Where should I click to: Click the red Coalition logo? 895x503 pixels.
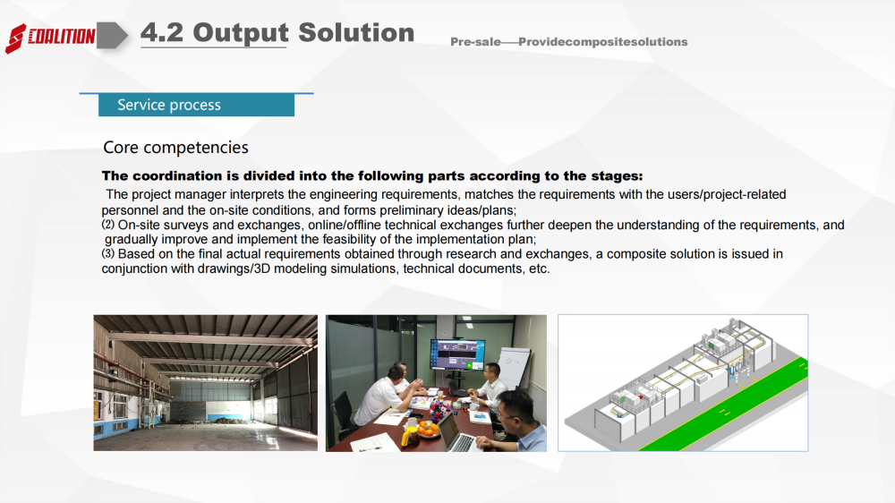[50, 38]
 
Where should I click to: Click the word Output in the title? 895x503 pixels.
[240, 33]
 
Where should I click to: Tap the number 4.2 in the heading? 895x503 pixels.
[162, 32]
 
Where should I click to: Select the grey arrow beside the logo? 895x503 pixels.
[112, 36]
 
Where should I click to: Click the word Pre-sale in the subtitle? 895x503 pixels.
[475, 42]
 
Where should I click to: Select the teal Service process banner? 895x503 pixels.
[196, 105]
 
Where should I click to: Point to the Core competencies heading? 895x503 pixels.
[175, 148]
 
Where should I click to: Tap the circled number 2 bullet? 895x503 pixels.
[108, 225]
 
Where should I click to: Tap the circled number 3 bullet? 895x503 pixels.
[108, 253]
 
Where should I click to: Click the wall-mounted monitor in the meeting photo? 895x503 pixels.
[457, 354]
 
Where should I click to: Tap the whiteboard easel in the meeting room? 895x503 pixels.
[513, 365]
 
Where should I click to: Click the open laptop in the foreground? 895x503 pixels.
[458, 433]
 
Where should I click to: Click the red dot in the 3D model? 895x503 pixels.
[641, 396]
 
